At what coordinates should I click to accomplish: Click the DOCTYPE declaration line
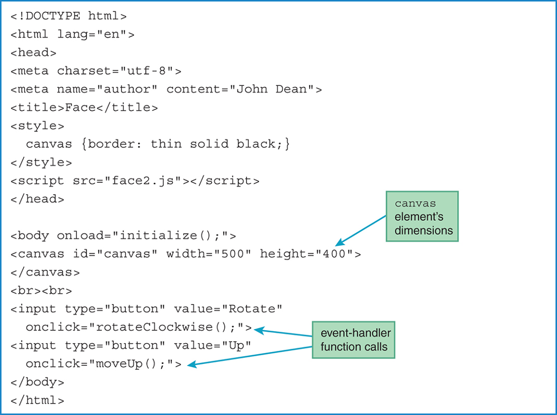click(69, 16)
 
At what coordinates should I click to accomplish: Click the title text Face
click(81, 108)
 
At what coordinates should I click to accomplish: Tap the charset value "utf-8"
click(150, 71)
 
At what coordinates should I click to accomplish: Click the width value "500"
click(232, 254)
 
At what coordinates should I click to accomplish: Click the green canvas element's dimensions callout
click(422, 216)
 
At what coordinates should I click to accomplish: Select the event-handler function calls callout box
click(353, 339)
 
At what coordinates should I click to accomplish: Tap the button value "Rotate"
click(252, 309)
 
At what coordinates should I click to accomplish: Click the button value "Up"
click(240, 345)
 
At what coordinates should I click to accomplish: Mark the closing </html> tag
click(38, 401)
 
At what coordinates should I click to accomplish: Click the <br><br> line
click(41, 290)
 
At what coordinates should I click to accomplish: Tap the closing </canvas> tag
click(45, 272)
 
